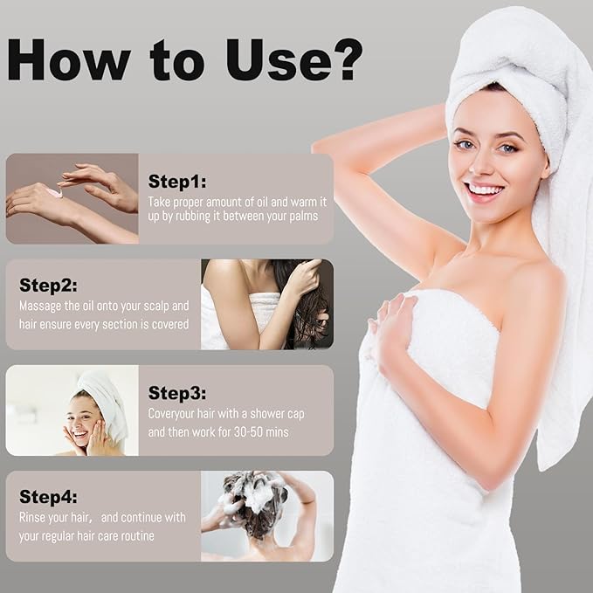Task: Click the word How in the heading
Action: point(69,59)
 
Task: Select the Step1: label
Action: point(177,181)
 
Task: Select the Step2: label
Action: point(48,286)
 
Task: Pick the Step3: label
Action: point(177,393)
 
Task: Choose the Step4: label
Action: point(48,497)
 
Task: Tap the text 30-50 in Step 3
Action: point(248,432)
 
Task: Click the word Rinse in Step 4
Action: point(31,517)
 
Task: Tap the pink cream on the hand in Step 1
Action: point(57,192)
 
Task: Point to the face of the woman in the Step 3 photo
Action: point(80,421)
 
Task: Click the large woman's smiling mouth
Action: point(486,190)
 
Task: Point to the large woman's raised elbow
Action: point(321,147)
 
